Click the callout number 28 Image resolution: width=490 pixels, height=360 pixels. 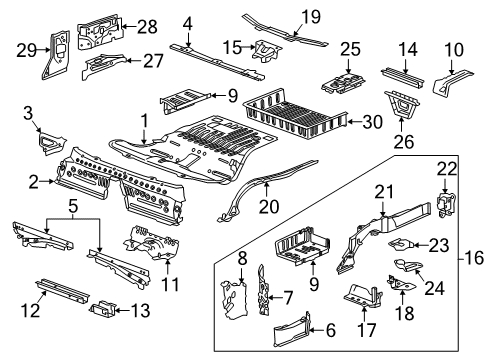(147, 27)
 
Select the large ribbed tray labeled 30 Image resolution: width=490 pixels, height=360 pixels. (295, 114)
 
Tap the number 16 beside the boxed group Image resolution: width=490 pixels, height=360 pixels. (474, 258)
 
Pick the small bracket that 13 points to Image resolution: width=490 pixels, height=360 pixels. (103, 308)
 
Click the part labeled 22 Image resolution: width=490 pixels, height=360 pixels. (446, 203)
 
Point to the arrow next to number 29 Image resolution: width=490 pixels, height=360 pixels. (44, 50)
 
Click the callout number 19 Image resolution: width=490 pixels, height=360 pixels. (311, 17)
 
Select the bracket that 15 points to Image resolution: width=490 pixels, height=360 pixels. (267, 51)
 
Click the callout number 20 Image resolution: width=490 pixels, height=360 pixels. (269, 207)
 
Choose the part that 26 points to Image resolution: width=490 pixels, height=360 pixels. (401, 104)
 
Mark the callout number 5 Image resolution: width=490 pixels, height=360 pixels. (73, 206)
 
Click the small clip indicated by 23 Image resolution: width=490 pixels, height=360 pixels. (401, 244)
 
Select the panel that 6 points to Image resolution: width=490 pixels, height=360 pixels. (291, 330)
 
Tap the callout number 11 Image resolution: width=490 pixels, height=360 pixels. (170, 284)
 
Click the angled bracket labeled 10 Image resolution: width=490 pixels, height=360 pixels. (452, 80)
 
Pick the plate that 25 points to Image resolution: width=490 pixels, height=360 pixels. (343, 83)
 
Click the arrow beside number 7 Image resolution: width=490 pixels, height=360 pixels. (275, 297)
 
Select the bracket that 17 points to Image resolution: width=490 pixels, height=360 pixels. (363, 296)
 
